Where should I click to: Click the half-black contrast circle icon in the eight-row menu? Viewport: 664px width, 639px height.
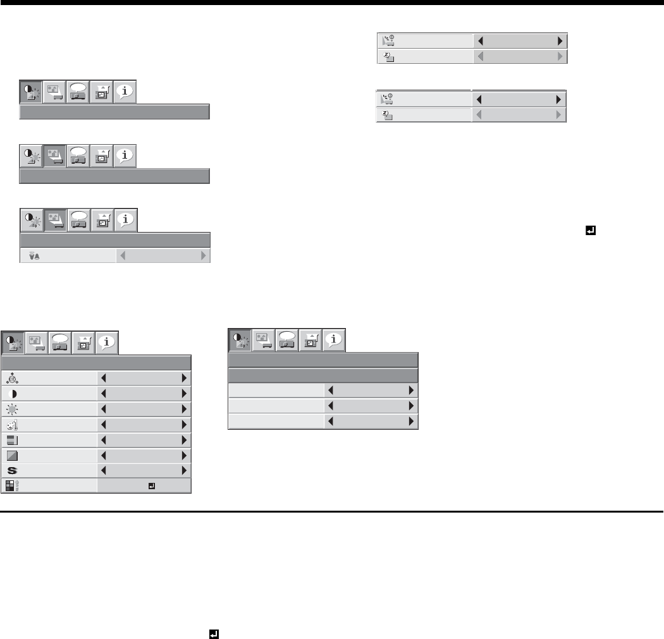tap(14, 393)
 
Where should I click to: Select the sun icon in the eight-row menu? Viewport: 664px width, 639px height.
tap(13, 408)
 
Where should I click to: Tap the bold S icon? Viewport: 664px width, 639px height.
tap(13, 470)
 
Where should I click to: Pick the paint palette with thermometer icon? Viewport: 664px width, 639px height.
tap(13, 424)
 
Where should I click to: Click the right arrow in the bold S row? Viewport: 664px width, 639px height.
tap(185, 470)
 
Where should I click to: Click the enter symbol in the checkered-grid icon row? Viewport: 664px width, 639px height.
tap(151, 486)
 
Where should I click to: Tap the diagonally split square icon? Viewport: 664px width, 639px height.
tap(13, 455)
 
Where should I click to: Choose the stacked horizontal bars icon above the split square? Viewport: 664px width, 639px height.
tap(13, 439)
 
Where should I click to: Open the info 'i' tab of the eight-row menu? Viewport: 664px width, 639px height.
tap(107, 342)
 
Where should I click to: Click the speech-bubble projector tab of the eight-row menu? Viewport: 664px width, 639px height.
tap(60, 342)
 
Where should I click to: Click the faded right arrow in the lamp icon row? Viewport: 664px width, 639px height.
tap(204, 256)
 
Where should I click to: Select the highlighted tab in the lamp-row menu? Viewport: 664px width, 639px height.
tap(55, 221)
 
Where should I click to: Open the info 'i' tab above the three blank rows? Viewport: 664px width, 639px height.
tap(334, 340)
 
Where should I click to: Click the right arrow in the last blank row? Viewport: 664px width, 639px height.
tap(412, 421)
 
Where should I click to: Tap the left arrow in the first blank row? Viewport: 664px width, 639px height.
tap(331, 391)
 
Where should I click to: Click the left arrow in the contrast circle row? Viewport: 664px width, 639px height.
tap(104, 393)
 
